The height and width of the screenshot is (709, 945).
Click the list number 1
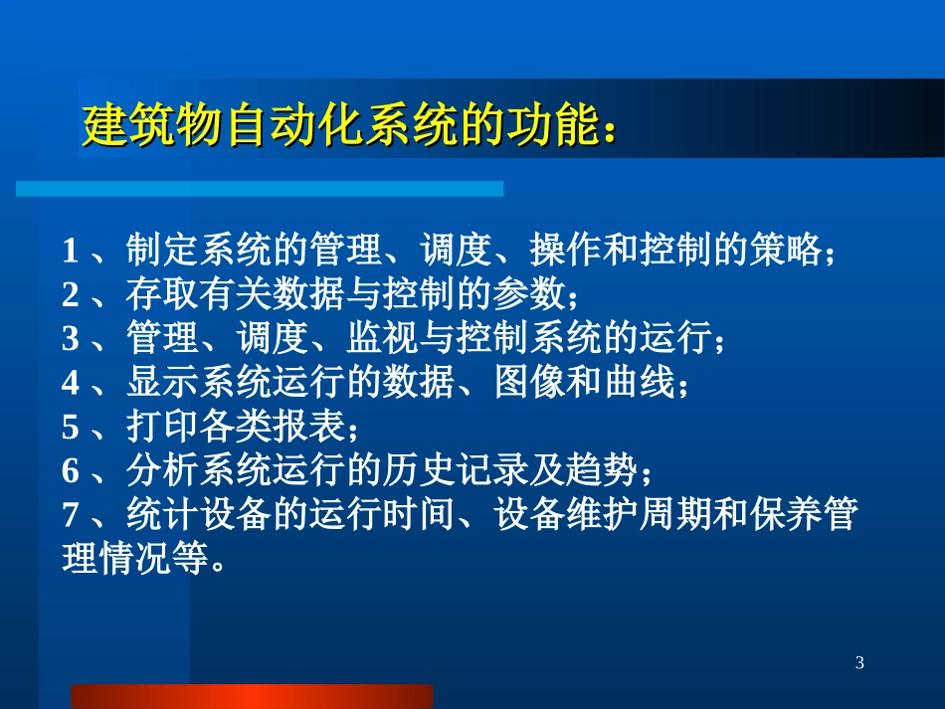tap(70, 250)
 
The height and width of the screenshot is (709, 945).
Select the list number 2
tap(70, 294)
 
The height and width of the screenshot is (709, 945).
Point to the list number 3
tap(70, 338)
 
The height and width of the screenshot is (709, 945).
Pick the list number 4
tap(70, 383)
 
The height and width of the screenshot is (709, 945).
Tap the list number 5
tap(70, 428)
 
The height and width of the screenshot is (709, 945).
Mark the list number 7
tap(70, 516)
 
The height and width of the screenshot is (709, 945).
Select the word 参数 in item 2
tap(528, 294)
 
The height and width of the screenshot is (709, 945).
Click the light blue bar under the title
tap(260, 189)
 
